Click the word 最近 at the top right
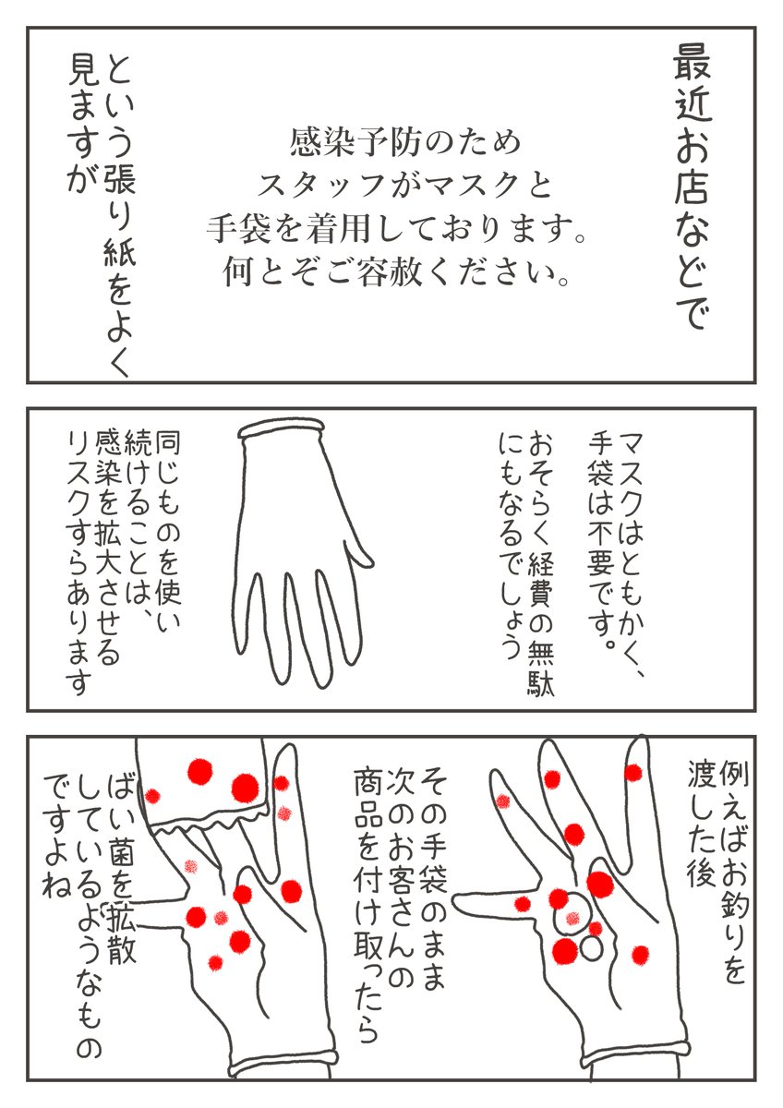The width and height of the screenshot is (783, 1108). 692,86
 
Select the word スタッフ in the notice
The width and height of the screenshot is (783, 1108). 321,186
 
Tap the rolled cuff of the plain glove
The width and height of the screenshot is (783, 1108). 282,428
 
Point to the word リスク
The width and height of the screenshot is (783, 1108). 79,475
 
